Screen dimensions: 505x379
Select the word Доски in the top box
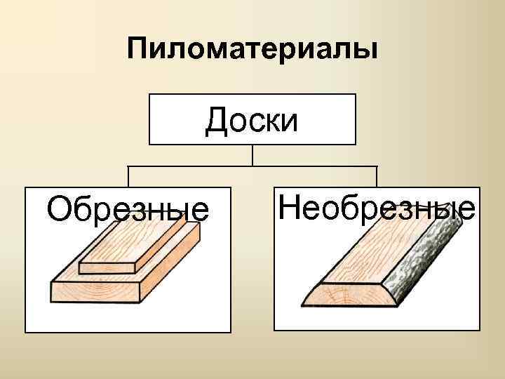click(252, 120)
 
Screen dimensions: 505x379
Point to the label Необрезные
click(377, 208)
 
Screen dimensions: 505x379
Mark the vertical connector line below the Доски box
click(252, 155)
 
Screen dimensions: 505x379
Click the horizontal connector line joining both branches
click(252, 166)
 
